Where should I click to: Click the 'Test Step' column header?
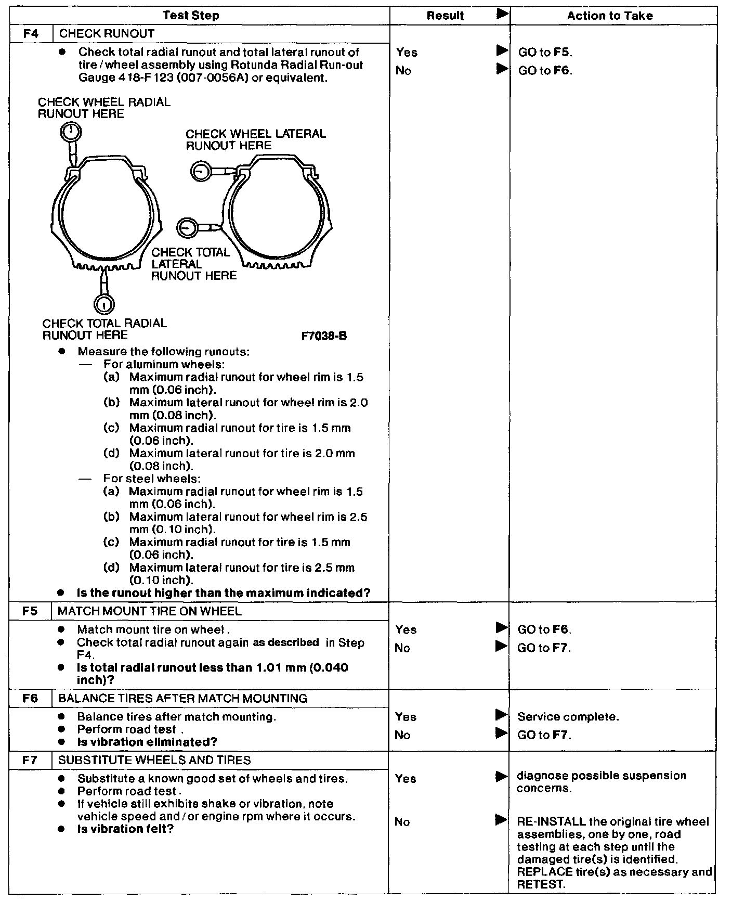tap(191, 16)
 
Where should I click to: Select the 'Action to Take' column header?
tap(609, 16)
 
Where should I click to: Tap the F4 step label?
tap(31, 34)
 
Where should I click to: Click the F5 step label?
tap(30, 611)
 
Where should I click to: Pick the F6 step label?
tap(31, 698)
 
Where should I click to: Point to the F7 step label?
tap(31, 760)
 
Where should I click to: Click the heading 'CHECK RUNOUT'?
tap(107, 34)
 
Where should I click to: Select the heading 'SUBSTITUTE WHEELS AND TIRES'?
tap(154, 760)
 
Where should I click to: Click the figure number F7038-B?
tap(324, 336)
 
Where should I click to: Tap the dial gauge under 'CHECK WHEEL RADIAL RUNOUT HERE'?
tap(71, 132)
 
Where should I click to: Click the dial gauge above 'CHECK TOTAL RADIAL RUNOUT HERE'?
tap(104, 304)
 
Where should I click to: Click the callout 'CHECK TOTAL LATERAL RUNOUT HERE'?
tap(193, 264)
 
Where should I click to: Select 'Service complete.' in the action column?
tap(568, 717)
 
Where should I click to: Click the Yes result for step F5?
tap(406, 630)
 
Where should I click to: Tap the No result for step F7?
tap(402, 822)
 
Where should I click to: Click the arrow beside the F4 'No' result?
tap(502, 69)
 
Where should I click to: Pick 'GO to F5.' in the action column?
tap(545, 53)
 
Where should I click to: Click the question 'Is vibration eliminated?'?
tap(147, 742)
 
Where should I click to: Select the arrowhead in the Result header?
tap(502, 15)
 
